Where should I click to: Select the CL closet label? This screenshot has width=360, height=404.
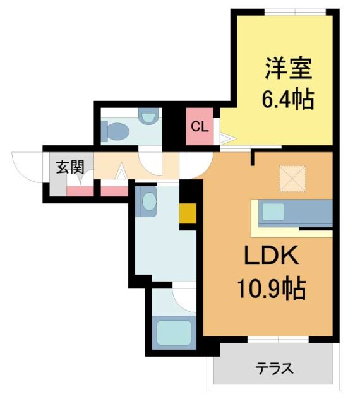(x=200, y=126)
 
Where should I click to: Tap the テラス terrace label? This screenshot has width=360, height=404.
(x=275, y=368)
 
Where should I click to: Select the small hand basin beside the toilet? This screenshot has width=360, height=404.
(x=148, y=117)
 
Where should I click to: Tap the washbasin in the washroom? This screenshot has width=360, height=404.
(x=148, y=203)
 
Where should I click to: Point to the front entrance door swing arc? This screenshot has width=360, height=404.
(x=27, y=165)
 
